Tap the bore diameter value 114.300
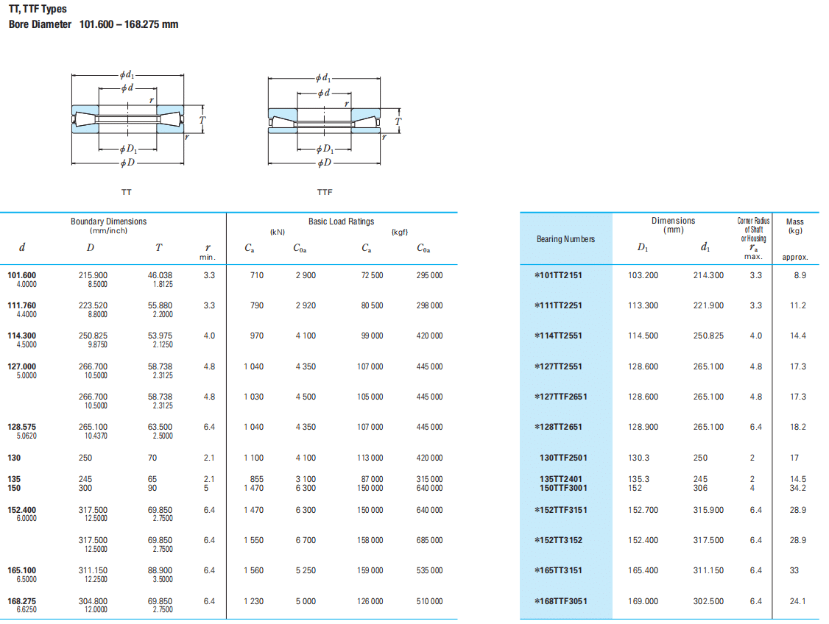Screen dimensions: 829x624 click(x=21, y=336)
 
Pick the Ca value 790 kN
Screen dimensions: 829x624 click(x=256, y=305)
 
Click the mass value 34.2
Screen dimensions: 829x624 click(x=798, y=488)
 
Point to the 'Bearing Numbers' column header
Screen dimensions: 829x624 click(x=565, y=239)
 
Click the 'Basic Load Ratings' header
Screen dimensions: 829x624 click(x=341, y=221)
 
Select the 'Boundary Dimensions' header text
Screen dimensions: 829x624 click(x=108, y=221)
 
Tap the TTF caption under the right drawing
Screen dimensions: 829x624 click(x=325, y=192)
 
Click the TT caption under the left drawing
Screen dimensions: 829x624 click(x=127, y=192)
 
